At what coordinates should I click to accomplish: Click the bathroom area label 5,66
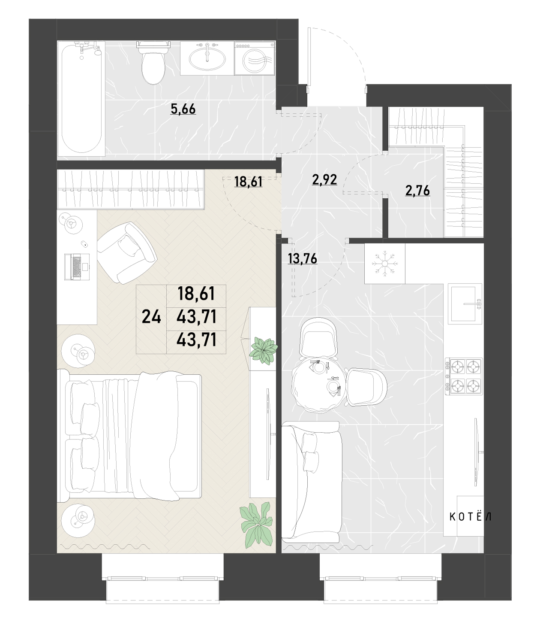tap(183, 109)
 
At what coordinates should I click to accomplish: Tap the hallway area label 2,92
tap(324, 179)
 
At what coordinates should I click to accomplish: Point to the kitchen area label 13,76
tap(302, 258)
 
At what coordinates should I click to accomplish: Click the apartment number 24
tap(151, 317)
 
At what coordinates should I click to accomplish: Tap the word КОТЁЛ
tap(470, 517)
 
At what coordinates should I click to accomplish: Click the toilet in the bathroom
tap(153, 63)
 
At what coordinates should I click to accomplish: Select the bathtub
tap(81, 99)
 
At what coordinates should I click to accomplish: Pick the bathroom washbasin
tap(207, 58)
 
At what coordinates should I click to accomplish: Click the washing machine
tap(255, 58)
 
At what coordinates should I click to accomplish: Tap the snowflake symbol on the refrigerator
tap(384, 264)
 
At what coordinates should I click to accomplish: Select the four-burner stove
tap(464, 376)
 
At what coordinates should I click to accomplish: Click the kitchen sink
tap(465, 304)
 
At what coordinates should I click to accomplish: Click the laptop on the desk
tap(77, 267)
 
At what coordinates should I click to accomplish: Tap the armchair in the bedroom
tap(127, 253)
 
